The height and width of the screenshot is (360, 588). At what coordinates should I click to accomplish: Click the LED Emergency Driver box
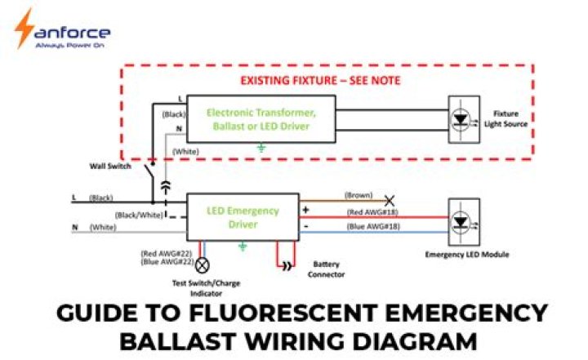point(243,217)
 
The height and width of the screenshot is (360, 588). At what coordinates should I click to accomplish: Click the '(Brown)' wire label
point(359,195)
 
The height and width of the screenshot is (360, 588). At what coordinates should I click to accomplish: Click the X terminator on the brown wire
point(390,198)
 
